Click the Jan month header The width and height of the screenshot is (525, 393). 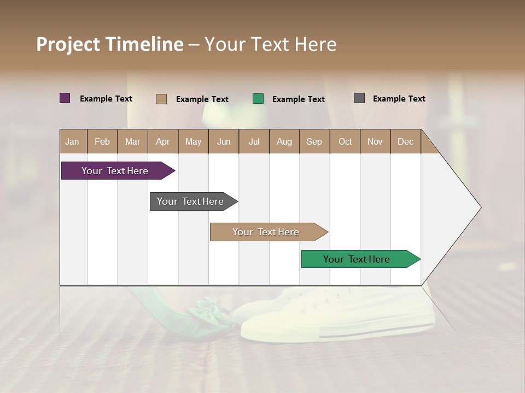coord(72,141)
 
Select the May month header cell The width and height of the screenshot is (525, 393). coord(193,141)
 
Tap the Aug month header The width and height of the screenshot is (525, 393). coord(284,141)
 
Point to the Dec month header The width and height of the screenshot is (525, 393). coord(405,141)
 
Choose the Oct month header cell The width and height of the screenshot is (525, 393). coord(345,141)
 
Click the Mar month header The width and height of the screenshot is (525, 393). coord(132,141)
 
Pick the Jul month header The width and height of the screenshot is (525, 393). coord(254,141)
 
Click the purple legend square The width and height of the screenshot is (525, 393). coord(65,98)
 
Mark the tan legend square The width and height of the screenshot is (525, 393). coord(161,99)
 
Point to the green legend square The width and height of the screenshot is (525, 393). coord(258,99)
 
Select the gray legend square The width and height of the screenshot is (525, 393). coord(359,98)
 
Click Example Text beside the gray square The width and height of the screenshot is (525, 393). coord(399,99)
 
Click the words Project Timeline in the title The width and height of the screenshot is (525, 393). coord(109,44)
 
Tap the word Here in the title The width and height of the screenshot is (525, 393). coord(316,44)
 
